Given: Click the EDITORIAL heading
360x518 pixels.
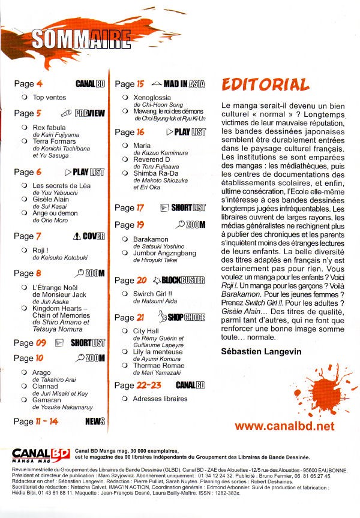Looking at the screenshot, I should pos(265,85).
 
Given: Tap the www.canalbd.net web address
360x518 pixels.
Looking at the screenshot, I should pos(284,426).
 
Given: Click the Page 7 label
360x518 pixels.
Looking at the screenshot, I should pos(28,236).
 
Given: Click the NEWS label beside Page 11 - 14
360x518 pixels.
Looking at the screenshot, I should pos(95,422).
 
